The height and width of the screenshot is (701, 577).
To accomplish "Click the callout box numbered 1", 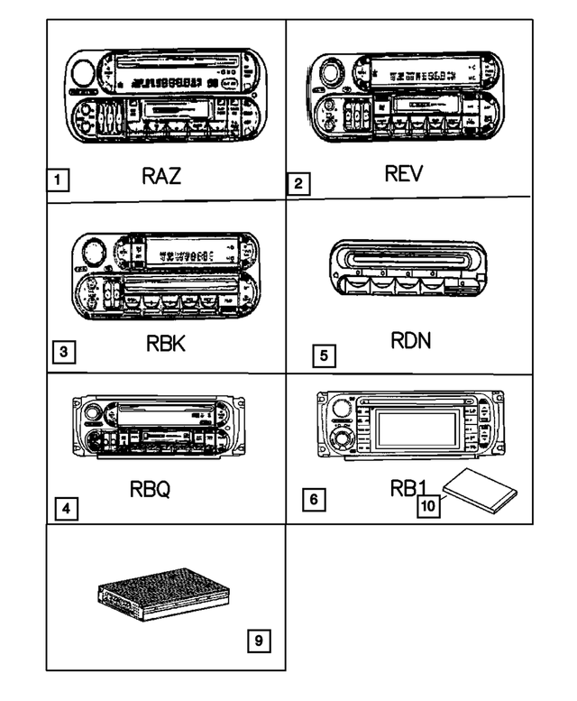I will (58, 180).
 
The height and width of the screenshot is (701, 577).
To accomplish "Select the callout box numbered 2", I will (298, 184).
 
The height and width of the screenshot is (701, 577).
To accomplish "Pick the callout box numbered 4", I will (64, 508).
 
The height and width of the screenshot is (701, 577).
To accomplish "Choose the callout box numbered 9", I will (257, 641).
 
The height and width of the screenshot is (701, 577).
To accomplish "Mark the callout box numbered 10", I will (428, 506).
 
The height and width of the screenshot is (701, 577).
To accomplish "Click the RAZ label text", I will (160, 175).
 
